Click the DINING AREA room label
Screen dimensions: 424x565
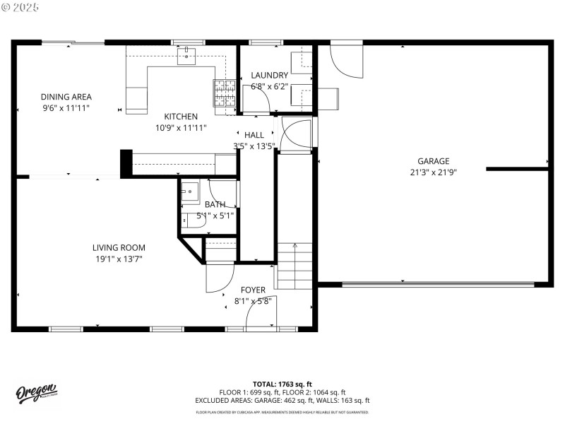coord(66,97)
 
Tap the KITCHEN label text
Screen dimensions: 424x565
coord(181,117)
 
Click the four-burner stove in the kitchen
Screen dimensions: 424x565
coord(225,92)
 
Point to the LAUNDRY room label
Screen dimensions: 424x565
coord(270,76)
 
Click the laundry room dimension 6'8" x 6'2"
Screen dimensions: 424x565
coord(270,87)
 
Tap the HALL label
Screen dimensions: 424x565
coord(254,135)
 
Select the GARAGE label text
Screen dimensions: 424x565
coord(433,161)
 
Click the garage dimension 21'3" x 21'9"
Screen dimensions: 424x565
coord(433,172)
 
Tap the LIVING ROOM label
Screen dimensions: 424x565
coord(119,247)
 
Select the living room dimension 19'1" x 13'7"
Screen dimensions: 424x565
coord(119,259)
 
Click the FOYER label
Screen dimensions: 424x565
coord(253,290)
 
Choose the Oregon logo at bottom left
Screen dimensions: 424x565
coord(37,393)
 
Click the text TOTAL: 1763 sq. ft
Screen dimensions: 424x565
coord(282,384)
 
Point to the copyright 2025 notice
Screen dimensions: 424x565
coord(21,6)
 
